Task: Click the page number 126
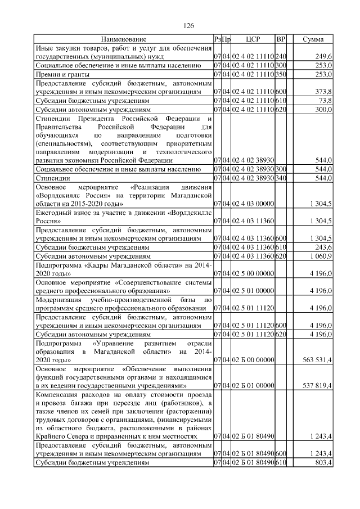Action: pyautogui.click(x=189, y=26)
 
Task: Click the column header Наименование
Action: pyautogui.click(x=124, y=39)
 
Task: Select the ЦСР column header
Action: pyautogui.click(x=253, y=39)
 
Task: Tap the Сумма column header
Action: pyautogui.click(x=313, y=39)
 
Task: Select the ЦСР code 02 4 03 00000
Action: pyautogui.click(x=253, y=203)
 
